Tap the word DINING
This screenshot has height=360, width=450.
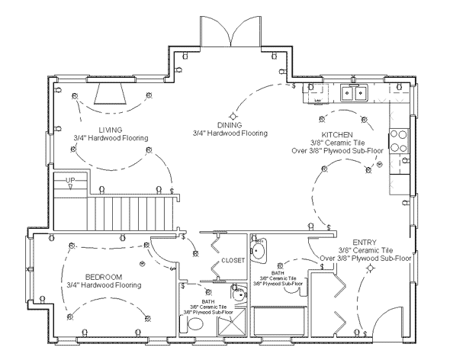tap(230, 124)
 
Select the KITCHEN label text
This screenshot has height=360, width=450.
tap(336, 133)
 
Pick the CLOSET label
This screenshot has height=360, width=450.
tap(233, 260)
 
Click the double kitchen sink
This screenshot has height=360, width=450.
tap(354, 94)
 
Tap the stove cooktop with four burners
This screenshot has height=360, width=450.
tap(399, 141)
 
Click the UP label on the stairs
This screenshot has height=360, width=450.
tap(71, 181)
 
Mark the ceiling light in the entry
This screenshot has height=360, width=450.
tap(371, 268)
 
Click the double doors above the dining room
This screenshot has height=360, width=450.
tap(230, 34)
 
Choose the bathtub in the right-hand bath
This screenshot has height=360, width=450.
tap(279, 320)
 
